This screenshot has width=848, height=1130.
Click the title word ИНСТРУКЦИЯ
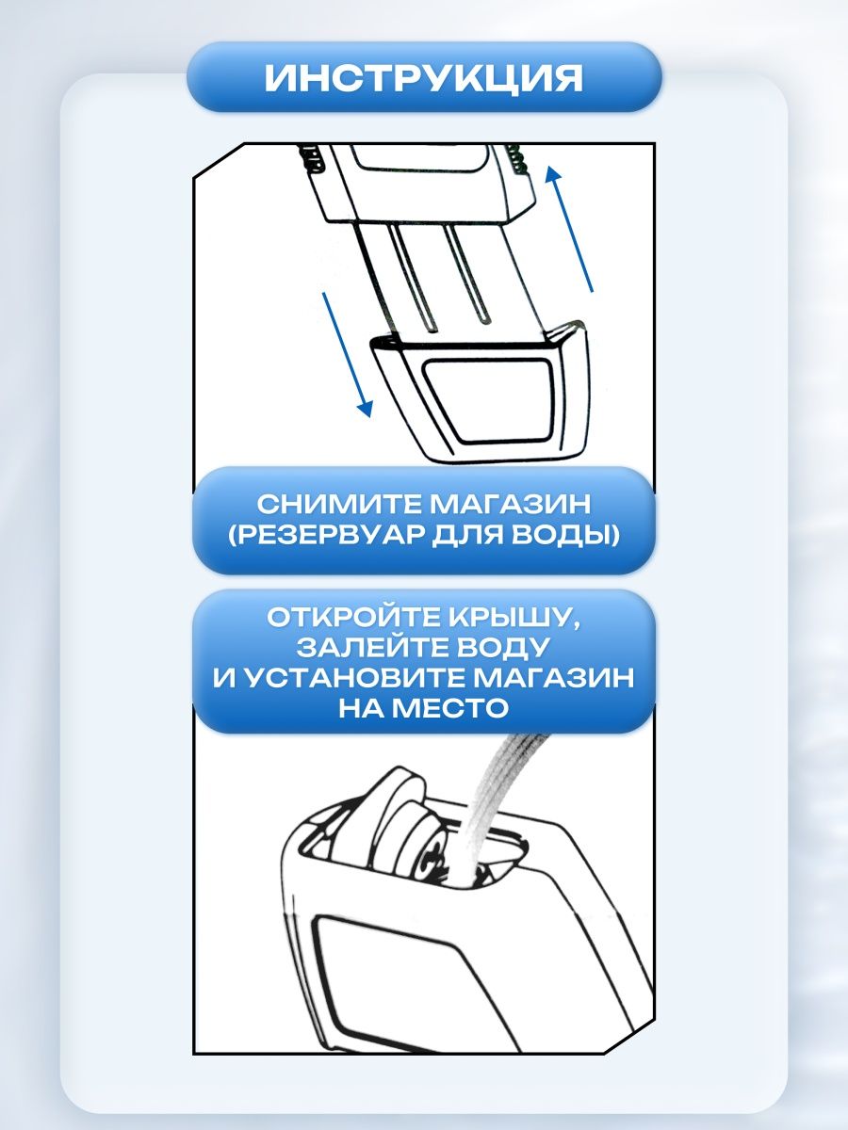[423, 78]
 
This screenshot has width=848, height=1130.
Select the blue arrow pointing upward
[569, 229]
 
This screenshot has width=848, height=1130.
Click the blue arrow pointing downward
[347, 354]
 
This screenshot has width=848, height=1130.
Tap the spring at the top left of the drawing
[313, 158]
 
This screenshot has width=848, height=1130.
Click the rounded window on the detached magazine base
[489, 400]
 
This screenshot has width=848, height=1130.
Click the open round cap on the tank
[407, 824]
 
